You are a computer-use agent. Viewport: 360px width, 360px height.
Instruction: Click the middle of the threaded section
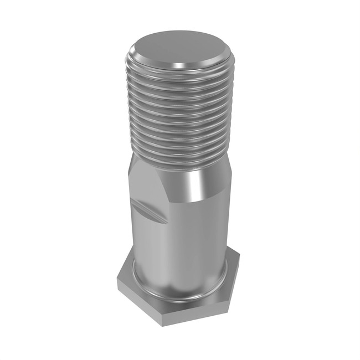tap(180, 116)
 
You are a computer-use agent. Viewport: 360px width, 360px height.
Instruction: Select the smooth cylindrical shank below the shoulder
tap(180, 244)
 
